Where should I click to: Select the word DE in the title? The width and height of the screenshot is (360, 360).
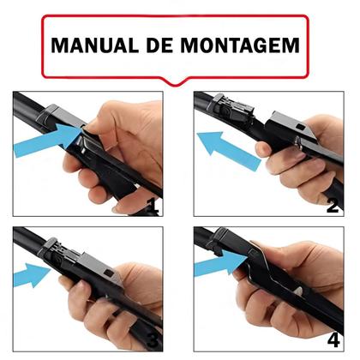click(158, 45)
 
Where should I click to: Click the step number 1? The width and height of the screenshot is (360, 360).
click(152, 205)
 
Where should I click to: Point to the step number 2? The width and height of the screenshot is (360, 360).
click(333, 205)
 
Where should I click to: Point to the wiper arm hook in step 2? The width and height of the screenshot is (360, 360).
click(232, 107)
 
